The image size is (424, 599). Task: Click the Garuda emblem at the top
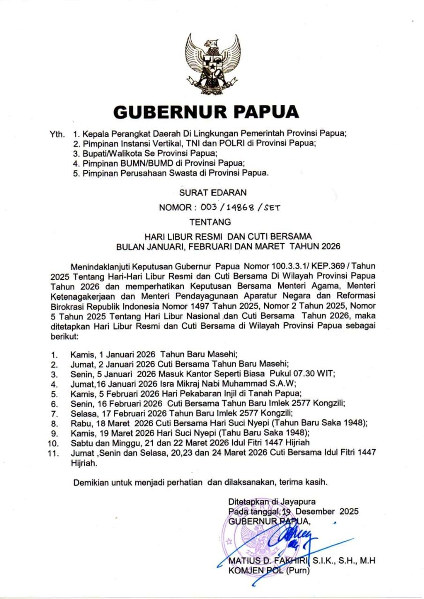point(212,64)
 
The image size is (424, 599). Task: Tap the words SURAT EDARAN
point(212,192)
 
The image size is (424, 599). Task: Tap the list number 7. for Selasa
point(54,413)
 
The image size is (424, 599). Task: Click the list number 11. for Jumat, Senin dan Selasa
point(55,453)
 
